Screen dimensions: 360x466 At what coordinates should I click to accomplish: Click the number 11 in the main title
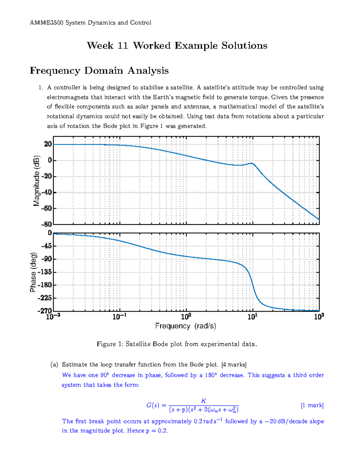click(123, 46)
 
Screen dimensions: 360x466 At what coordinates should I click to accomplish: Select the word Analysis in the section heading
click(148, 71)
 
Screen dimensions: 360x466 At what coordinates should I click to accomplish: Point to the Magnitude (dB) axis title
click(37, 181)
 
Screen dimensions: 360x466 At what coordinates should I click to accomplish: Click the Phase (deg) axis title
click(33, 272)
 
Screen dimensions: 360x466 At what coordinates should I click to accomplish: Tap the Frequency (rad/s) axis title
click(186, 326)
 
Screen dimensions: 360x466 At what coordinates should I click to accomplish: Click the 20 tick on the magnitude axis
click(48, 144)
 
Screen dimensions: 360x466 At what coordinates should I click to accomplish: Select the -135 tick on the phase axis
click(45, 272)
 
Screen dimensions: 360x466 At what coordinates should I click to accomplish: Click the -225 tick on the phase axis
click(45, 298)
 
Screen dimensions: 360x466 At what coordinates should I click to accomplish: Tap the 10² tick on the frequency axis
click(319, 317)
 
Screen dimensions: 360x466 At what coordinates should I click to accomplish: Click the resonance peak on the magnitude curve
click(252, 164)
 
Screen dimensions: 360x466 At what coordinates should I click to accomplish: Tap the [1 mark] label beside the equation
click(312, 405)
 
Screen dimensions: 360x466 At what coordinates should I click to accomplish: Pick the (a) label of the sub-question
click(54, 365)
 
